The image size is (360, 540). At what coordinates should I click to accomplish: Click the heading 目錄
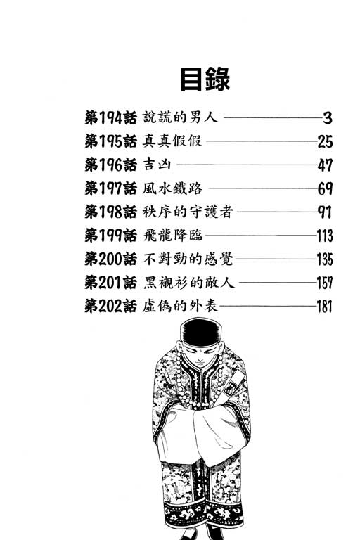point(205,79)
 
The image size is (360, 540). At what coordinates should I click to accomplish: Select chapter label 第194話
point(110,118)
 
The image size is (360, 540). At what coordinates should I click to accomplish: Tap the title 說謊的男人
point(180,117)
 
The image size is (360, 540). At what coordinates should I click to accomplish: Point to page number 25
point(325,141)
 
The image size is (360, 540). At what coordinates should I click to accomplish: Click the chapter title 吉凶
point(157,165)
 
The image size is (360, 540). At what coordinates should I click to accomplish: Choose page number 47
point(325,165)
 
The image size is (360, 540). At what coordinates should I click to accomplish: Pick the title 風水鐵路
point(172,188)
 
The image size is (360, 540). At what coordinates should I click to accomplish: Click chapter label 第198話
point(110,212)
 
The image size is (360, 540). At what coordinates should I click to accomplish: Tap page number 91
point(325,212)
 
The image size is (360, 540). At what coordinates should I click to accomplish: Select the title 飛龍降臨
point(172,236)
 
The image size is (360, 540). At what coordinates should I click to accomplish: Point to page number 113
point(325,236)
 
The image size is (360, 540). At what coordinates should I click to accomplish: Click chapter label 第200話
point(110,259)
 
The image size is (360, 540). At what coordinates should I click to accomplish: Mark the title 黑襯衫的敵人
point(188,283)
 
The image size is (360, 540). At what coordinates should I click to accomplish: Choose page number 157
point(325,283)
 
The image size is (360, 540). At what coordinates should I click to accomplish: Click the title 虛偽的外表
point(180,306)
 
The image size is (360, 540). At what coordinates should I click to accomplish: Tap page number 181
point(325,307)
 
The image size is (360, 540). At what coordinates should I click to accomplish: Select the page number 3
point(327,118)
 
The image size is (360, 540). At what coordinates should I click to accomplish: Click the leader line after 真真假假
point(262,141)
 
